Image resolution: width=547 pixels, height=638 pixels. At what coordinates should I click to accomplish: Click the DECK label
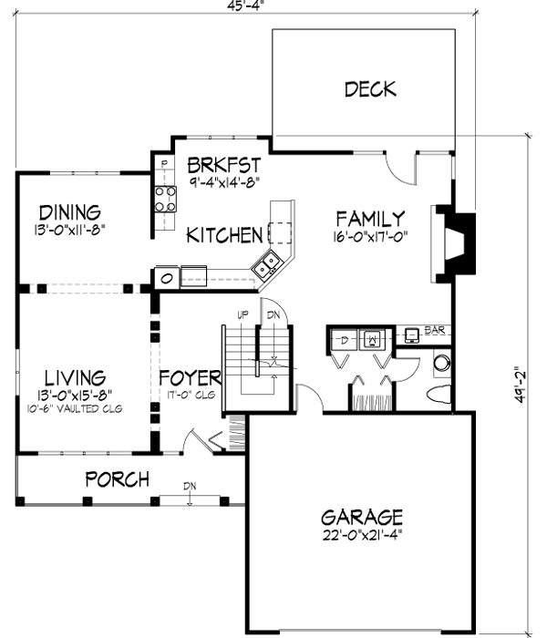tap(370, 88)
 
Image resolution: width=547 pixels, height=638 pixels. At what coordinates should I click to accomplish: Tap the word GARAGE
tap(361, 515)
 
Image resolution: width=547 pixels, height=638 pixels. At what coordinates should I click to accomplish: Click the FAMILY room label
tap(369, 219)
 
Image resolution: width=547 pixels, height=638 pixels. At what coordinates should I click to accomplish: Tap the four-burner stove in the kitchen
tap(164, 199)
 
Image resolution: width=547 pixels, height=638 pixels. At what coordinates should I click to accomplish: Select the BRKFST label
tap(224, 165)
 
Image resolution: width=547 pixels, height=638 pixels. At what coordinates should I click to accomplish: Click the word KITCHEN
tap(224, 235)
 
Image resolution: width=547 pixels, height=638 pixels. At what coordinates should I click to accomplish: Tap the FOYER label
tap(190, 377)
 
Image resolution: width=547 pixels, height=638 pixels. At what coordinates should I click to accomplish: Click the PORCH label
tap(117, 478)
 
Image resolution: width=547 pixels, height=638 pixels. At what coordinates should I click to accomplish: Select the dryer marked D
tap(343, 340)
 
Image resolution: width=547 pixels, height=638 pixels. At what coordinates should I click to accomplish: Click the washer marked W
tap(374, 340)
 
